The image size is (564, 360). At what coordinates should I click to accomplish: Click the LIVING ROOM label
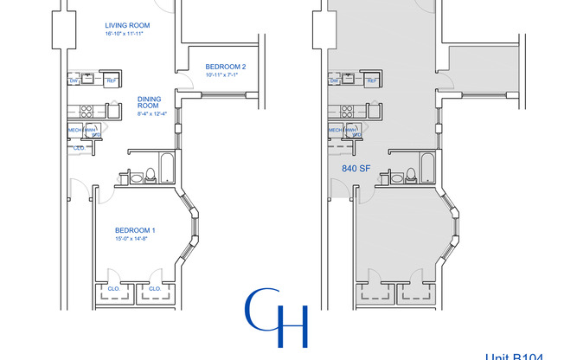point(126,25)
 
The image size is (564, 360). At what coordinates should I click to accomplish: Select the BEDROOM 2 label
point(226,67)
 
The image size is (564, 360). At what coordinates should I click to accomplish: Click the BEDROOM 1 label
point(135,229)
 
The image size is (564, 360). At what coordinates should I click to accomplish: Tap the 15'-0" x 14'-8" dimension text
point(135,238)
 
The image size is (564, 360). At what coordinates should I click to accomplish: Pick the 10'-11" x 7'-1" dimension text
point(225,75)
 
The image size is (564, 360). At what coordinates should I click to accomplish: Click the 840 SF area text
point(357,169)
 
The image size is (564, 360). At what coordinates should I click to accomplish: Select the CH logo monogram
point(276,318)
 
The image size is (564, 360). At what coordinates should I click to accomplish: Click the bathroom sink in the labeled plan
point(134,178)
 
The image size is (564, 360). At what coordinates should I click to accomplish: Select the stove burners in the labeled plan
point(87,111)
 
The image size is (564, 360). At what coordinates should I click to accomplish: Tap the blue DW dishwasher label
point(74,81)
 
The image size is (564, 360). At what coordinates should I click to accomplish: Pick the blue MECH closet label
point(74,131)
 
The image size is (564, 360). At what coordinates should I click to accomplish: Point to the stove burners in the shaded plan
point(347,111)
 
